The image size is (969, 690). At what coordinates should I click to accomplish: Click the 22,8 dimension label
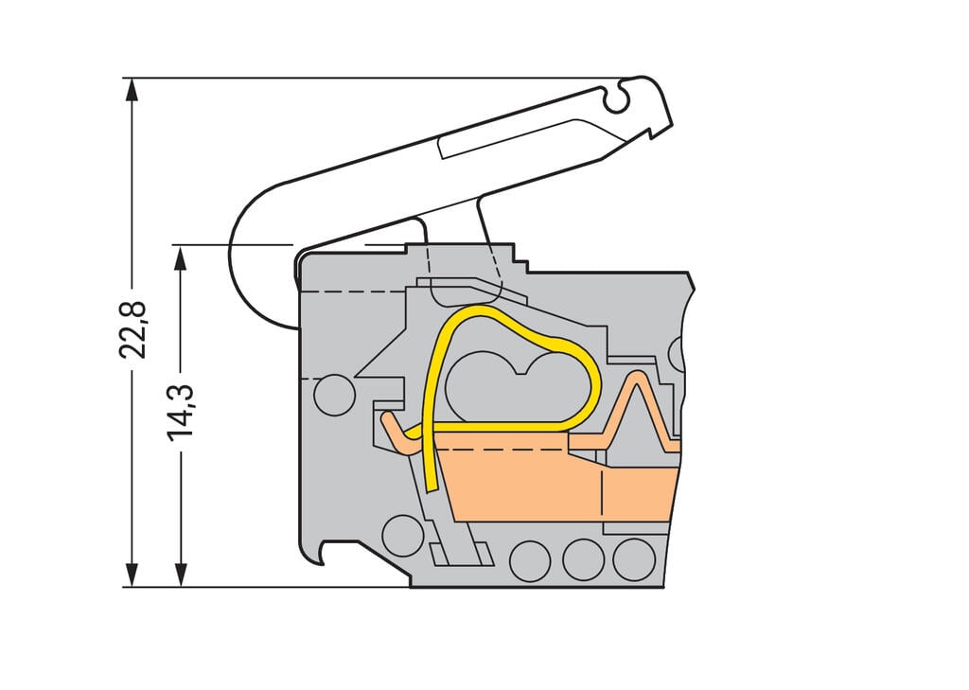coord(132,328)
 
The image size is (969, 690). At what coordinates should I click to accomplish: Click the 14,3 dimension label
coord(181,409)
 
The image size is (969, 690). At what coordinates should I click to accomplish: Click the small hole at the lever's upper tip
coord(618,94)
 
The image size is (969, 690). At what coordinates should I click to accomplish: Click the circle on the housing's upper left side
coord(333,395)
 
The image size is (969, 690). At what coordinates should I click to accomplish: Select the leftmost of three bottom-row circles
coord(530,560)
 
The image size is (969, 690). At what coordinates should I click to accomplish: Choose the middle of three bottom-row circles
coord(583,559)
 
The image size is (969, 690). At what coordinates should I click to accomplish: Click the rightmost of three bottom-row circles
coord(634,559)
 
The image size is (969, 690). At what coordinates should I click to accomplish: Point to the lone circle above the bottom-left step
coord(403,536)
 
